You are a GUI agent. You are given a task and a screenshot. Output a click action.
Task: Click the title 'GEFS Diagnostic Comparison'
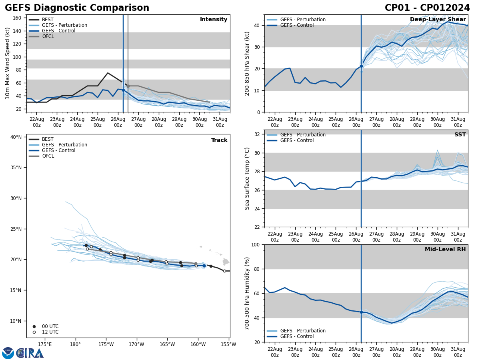[77, 8]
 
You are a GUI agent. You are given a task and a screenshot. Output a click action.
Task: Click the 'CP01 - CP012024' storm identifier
[427, 8]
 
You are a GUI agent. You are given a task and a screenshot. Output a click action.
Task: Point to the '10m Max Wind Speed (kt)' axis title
[8, 63]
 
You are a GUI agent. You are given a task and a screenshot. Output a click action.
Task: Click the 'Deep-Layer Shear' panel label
[438, 20]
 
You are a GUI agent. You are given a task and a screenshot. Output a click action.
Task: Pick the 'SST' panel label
[460, 135]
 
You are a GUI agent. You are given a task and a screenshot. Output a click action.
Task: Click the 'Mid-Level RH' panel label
[445, 250]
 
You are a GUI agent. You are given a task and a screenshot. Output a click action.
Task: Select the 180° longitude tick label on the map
[75, 344]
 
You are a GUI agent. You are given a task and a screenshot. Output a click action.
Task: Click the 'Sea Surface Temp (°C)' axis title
[247, 178]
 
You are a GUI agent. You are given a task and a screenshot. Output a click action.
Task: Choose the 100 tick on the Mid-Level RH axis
[256, 244]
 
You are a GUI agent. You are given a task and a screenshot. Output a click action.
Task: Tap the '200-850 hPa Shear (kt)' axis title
[247, 63]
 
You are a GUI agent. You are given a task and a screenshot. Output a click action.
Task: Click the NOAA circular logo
[8, 353]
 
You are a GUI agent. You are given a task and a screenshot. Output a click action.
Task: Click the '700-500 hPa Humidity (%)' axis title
[247, 293]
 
